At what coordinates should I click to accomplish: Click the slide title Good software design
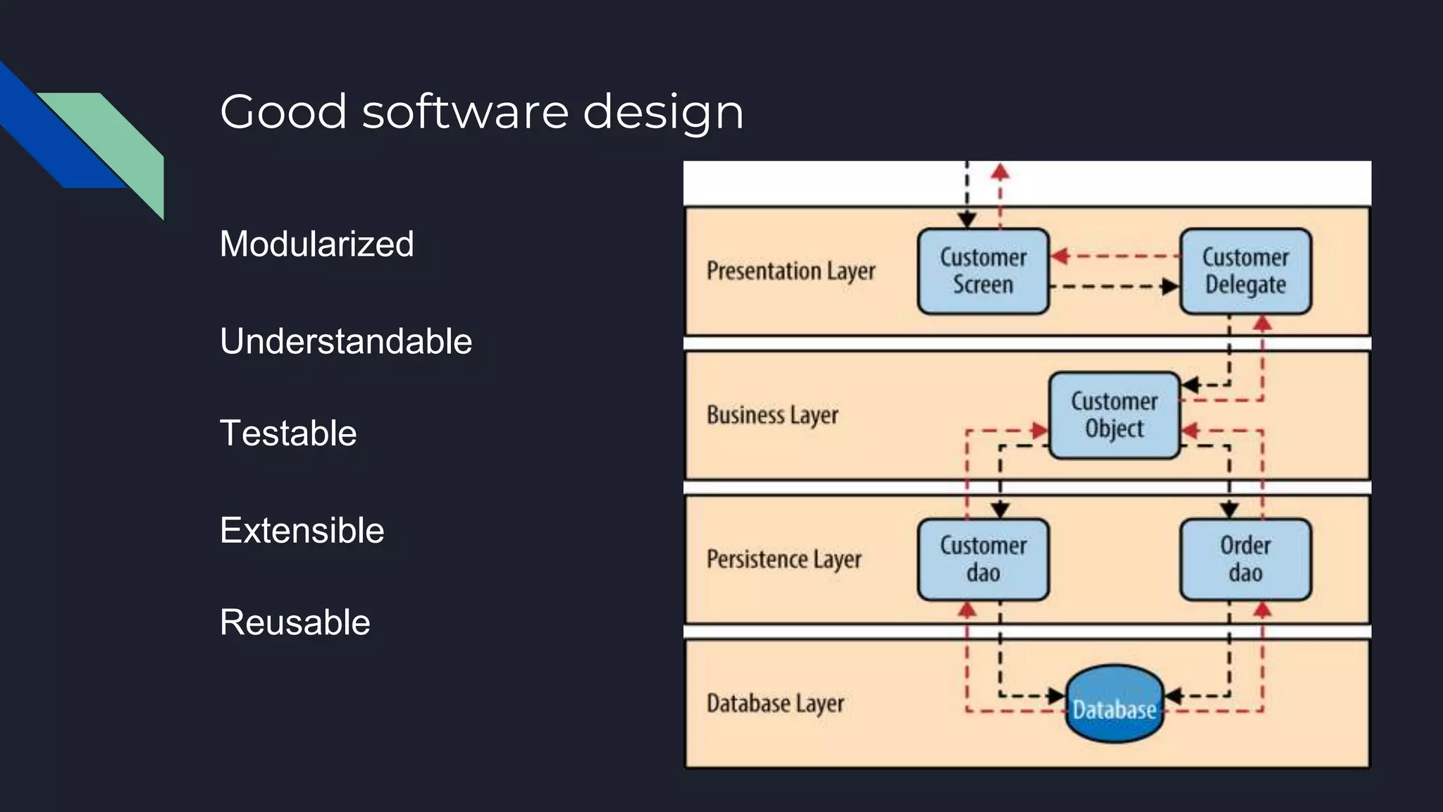click(x=481, y=111)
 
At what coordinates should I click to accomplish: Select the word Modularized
click(x=316, y=244)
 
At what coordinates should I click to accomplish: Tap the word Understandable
click(x=345, y=341)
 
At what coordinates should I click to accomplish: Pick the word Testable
click(x=287, y=433)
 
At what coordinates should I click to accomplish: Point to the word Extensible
click(x=302, y=530)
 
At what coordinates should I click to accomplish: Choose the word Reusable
click(x=295, y=622)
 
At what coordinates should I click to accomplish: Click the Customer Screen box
click(x=983, y=271)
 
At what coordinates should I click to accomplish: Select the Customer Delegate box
click(x=1245, y=271)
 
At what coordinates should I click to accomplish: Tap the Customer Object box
click(x=1114, y=415)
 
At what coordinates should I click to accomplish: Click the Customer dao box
click(x=983, y=560)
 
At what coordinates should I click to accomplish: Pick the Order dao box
click(x=1245, y=560)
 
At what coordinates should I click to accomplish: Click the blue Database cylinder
click(x=1114, y=703)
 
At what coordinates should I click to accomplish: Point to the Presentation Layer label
click(x=791, y=271)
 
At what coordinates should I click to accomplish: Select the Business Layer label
click(x=772, y=415)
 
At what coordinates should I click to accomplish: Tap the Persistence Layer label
click(x=784, y=560)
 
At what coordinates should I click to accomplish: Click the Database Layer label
click(x=775, y=703)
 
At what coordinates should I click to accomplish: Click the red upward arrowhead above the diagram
click(x=1000, y=171)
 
